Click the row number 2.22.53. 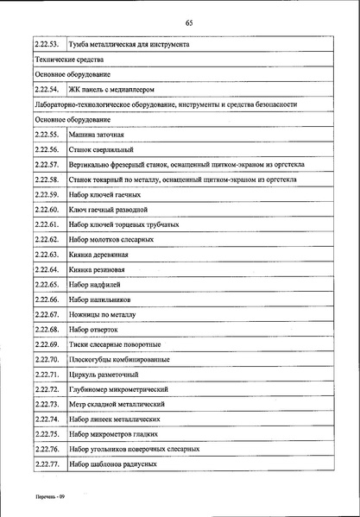pyautogui.click(x=47, y=44)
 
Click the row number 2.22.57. pyautogui.click(x=47, y=164)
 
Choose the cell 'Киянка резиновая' pyautogui.click(x=97, y=269)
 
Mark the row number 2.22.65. pyautogui.click(x=47, y=284)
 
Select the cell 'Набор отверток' pyautogui.click(x=93, y=329)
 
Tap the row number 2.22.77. pyautogui.click(x=47, y=464)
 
